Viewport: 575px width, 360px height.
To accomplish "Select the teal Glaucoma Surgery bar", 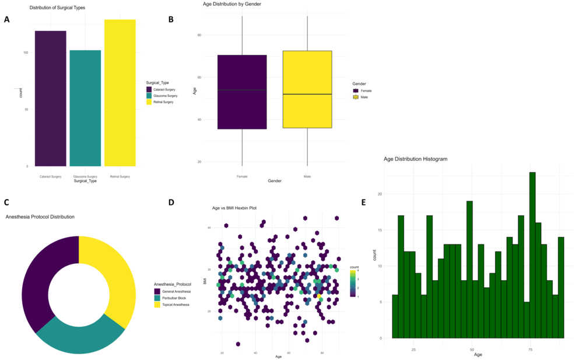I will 85,108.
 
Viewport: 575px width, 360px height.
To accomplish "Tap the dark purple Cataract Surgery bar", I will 50,98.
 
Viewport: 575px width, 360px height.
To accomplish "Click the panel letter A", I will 7,19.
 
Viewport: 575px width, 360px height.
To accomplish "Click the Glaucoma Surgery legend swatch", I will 149,96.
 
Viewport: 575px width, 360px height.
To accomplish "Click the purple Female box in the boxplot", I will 242,92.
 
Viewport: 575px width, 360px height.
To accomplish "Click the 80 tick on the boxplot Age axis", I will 199,35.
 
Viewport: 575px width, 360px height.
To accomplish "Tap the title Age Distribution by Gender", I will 232,4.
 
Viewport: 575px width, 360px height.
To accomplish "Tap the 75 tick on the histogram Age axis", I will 530,349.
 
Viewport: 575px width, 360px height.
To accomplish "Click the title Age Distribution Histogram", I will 415,159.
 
